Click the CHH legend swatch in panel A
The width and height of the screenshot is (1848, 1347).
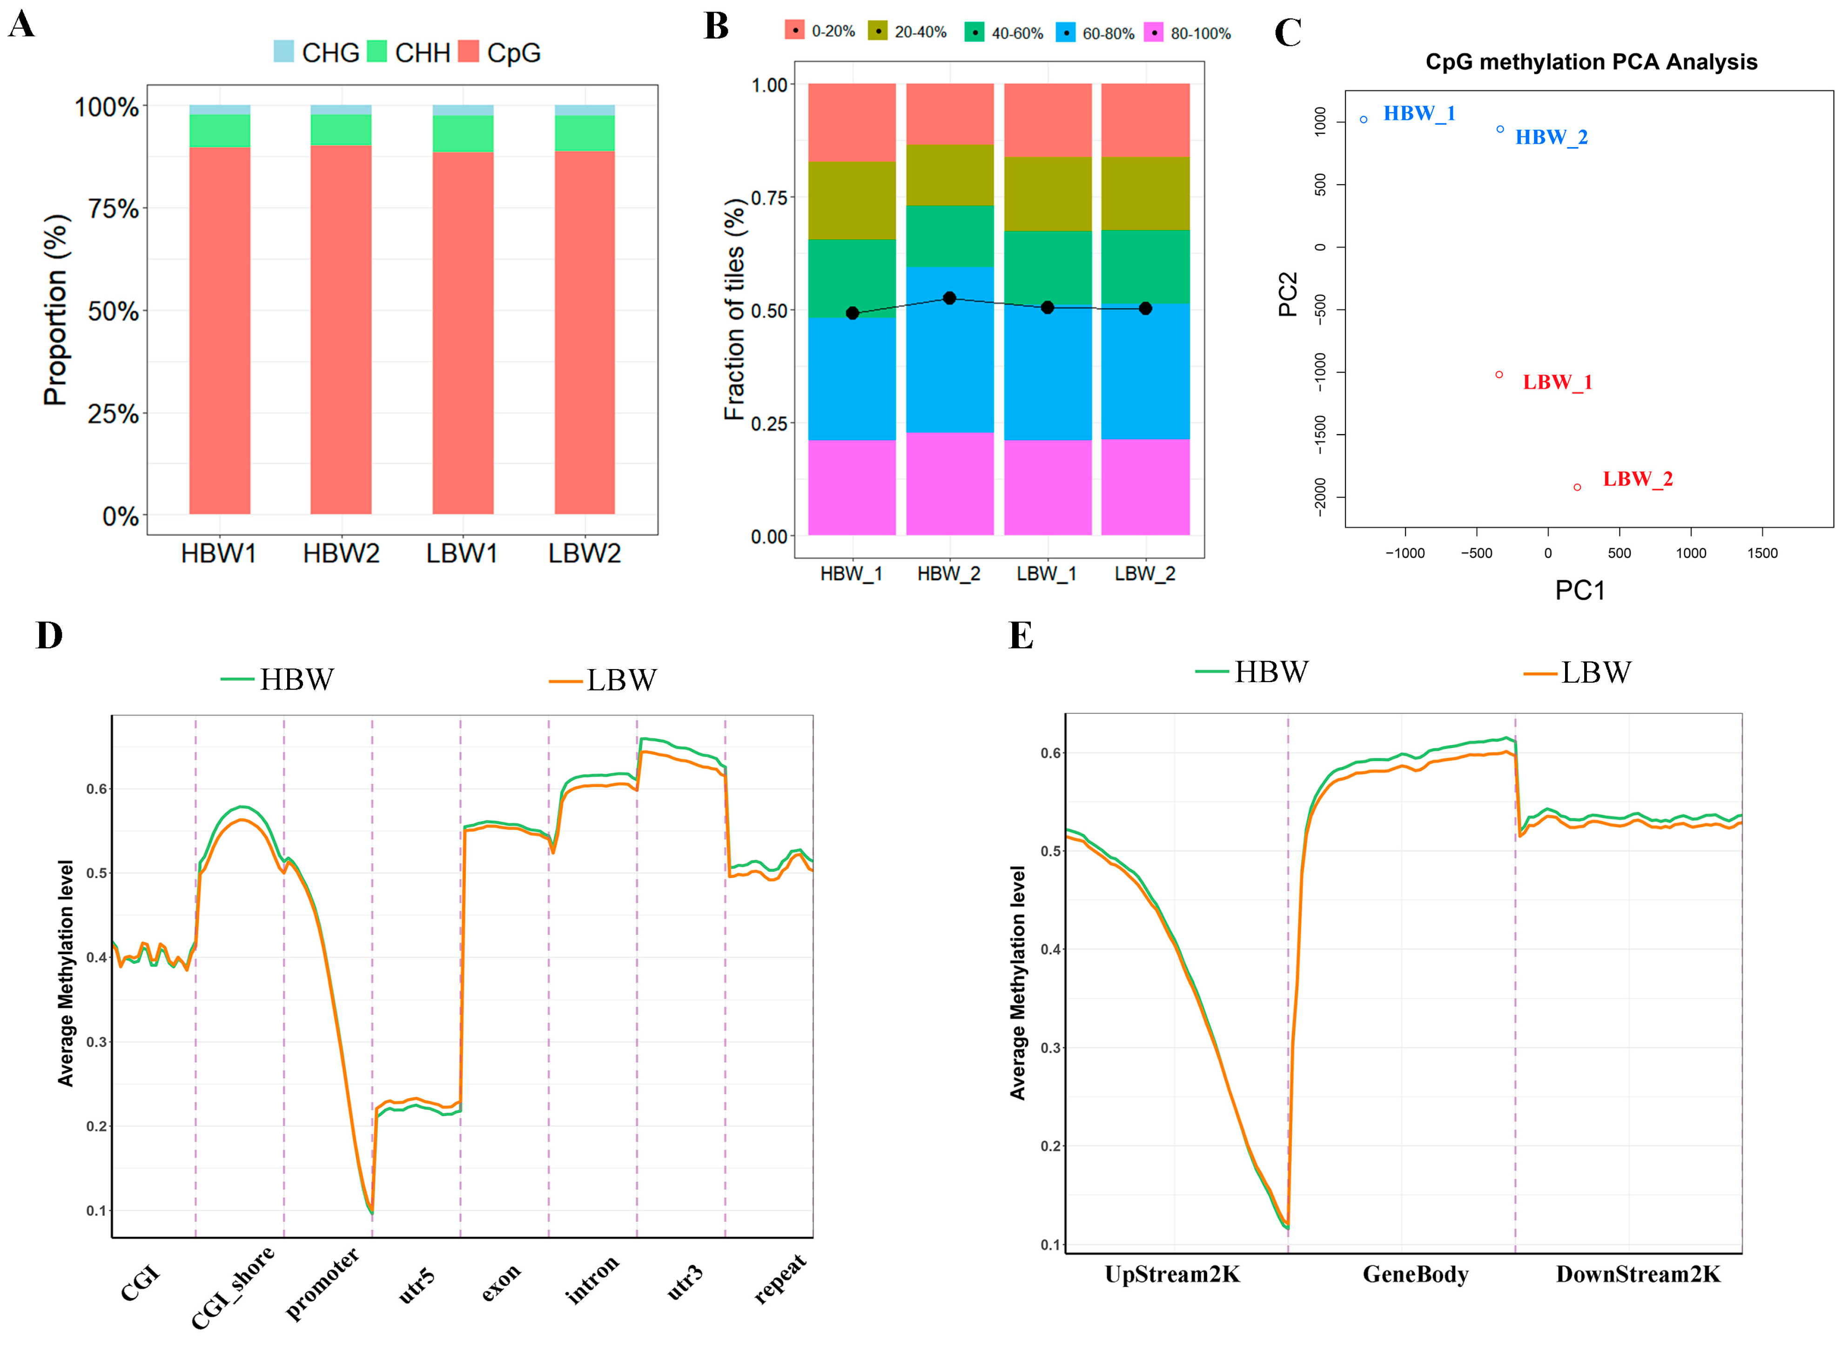coord(377,51)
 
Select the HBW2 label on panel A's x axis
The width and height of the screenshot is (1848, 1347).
coord(341,554)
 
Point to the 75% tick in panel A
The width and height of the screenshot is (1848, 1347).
coord(114,209)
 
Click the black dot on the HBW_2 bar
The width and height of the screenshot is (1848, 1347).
coord(949,298)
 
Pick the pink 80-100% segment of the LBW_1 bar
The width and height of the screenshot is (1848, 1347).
coord(1047,487)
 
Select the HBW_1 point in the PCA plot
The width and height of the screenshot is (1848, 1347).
coord(1364,120)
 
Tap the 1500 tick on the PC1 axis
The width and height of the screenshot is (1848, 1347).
coord(1762,553)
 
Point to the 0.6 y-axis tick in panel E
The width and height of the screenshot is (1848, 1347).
coord(1050,752)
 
